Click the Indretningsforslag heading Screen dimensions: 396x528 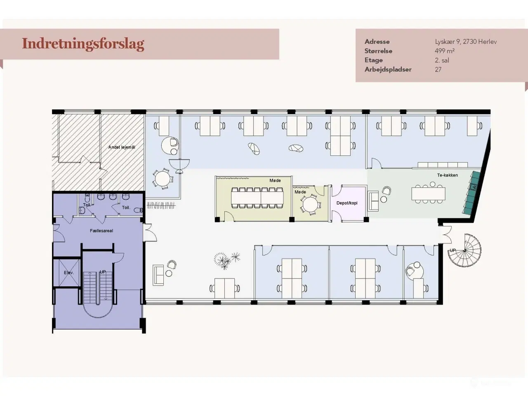(x=83, y=44)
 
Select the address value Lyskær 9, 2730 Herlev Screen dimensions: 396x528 (x=466, y=42)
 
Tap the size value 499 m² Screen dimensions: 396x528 (x=444, y=51)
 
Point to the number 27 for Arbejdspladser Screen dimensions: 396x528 (x=438, y=70)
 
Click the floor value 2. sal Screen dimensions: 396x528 (x=442, y=60)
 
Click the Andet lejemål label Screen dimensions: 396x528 (x=122, y=147)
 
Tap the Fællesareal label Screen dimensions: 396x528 (x=101, y=231)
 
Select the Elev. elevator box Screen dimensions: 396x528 (x=68, y=272)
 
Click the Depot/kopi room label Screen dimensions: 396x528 (x=346, y=203)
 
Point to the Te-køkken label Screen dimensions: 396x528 (x=448, y=175)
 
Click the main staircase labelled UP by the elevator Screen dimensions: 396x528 (x=97, y=289)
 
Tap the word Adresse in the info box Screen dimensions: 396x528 (x=377, y=42)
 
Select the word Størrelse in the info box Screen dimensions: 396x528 (x=378, y=51)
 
